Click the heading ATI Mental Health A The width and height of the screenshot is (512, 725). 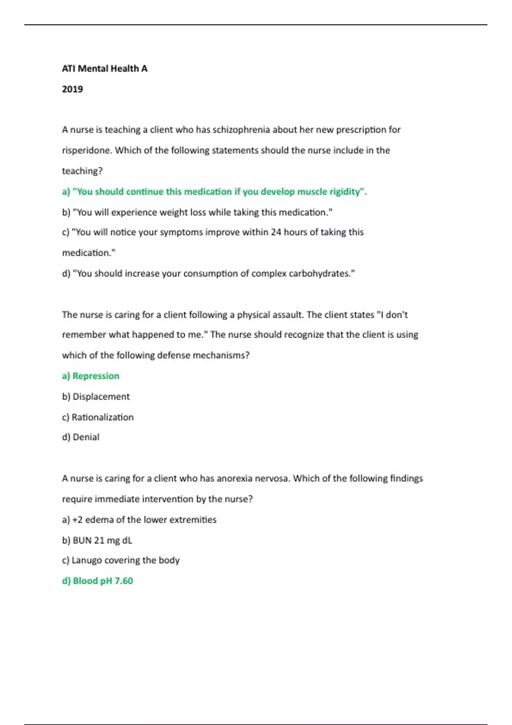click(x=105, y=69)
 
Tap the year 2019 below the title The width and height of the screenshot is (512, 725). click(x=73, y=89)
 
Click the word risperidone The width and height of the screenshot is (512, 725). click(x=87, y=151)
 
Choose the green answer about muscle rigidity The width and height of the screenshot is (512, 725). click(x=214, y=192)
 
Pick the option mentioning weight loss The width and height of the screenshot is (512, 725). click(x=197, y=212)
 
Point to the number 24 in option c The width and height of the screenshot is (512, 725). click(x=276, y=232)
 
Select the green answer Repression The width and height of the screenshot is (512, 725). click(x=91, y=376)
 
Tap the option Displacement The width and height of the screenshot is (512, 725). click(x=96, y=397)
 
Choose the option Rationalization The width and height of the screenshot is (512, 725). click(x=98, y=417)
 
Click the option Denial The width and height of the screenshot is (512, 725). click(x=81, y=437)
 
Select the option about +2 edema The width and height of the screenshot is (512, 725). click(x=139, y=520)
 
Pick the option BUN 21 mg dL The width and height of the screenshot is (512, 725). click(x=97, y=540)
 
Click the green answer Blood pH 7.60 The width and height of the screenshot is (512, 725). click(x=97, y=581)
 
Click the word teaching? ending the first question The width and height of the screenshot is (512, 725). click(x=82, y=171)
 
